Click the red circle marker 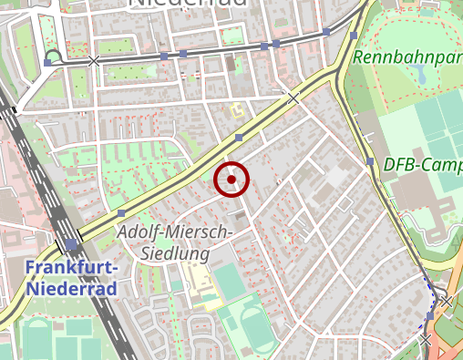231,180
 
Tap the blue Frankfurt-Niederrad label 71,278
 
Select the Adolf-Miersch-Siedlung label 176,242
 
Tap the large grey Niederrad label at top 188,4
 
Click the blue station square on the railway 71,244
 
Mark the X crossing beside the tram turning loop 94,61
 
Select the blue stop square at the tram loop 47,64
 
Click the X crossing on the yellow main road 293,97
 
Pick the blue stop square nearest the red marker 239,138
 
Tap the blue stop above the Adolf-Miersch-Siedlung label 121,212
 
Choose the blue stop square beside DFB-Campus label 370,162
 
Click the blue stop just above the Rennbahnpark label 353,36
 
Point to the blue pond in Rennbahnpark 421,77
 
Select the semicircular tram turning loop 53,56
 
